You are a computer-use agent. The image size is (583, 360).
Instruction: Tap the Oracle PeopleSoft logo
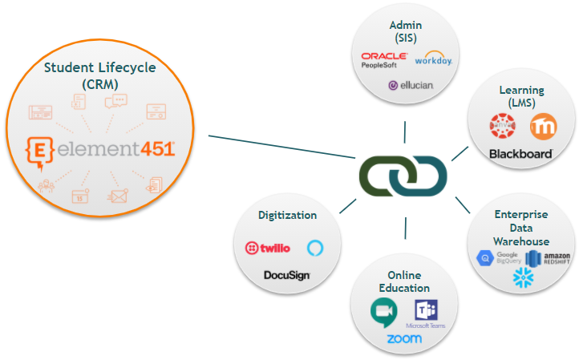384,60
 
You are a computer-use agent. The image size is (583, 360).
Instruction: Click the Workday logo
433,60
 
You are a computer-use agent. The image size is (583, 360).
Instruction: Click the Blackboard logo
520,153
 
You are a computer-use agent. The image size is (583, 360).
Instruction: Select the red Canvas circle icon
504,126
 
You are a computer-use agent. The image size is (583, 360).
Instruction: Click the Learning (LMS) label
521,96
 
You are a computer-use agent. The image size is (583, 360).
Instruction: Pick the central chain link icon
403,173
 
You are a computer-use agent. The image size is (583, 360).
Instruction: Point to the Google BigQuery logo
496,257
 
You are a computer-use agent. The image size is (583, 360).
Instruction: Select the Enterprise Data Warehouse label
521,228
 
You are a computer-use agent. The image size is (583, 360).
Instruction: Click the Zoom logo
403,339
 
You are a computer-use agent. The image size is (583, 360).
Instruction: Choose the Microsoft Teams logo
425,313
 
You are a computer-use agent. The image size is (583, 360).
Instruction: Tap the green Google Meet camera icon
383,311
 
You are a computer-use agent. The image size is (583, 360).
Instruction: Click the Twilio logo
267,248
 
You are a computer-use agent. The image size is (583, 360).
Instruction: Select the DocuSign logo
286,275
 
